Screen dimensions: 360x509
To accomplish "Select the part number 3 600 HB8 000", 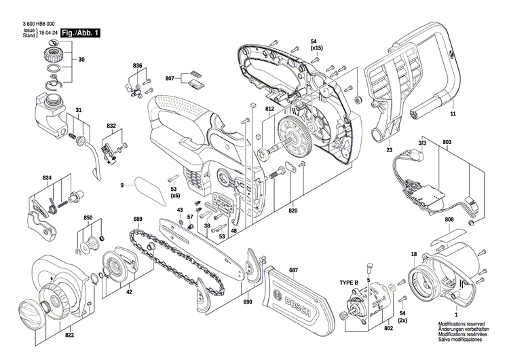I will [36, 24].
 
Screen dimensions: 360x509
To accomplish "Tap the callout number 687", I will [293, 271].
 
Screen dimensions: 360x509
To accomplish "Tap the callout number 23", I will [390, 150].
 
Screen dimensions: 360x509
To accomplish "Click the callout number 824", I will [47, 178].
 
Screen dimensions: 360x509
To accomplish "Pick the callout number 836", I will [138, 66].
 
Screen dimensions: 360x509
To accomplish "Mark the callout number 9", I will [123, 184].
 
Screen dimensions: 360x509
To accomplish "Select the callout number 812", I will [269, 109].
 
